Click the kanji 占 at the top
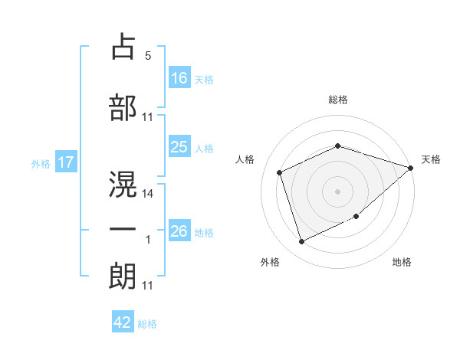click(123, 46)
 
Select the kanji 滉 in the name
click(123, 184)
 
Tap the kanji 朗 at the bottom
click(123, 276)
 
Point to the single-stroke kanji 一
click(123, 229)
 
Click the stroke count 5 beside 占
click(148, 55)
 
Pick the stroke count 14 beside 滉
click(147, 194)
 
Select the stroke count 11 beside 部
click(147, 117)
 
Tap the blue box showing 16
click(179, 77)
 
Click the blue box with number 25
click(179, 146)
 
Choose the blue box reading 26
click(179, 230)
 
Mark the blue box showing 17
click(66, 162)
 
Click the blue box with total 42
click(123, 321)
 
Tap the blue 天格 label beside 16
click(204, 80)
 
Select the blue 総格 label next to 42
click(147, 324)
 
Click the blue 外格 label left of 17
click(41, 164)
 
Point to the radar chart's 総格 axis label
click(338, 100)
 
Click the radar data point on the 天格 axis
click(411, 168)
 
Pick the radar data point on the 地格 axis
click(356, 216)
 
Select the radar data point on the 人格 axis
click(280, 172)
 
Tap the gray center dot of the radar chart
click(337, 191)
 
